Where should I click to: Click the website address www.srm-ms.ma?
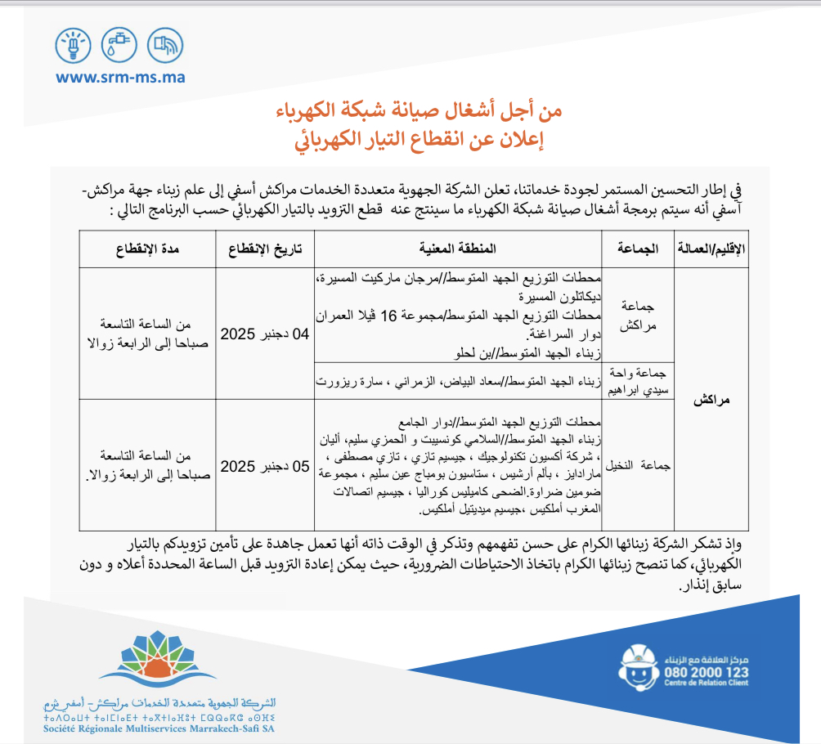coord(120,78)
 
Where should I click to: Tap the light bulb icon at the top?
coord(73,45)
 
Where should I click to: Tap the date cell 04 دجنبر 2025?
coord(262,334)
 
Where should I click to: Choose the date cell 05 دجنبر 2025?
coord(262,467)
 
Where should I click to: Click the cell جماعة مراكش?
coord(636,313)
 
